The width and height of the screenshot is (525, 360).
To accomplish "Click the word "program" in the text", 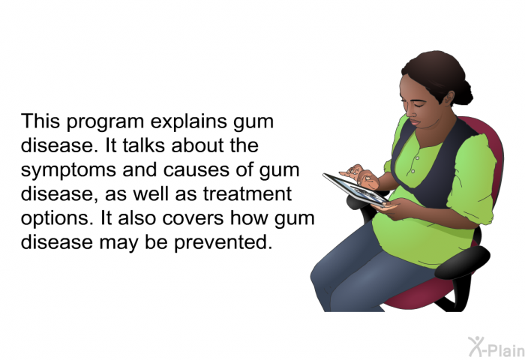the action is click(106, 122).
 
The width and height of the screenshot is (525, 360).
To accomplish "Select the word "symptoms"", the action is click(69, 171).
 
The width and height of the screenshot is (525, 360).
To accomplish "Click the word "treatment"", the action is click(247, 194).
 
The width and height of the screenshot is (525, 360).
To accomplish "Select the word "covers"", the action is click(193, 219).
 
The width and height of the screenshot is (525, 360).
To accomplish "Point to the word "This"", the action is click(40, 121).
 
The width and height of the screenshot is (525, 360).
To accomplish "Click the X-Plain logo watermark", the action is click(496, 347).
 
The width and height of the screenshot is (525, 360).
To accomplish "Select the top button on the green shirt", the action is click(417, 157).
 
